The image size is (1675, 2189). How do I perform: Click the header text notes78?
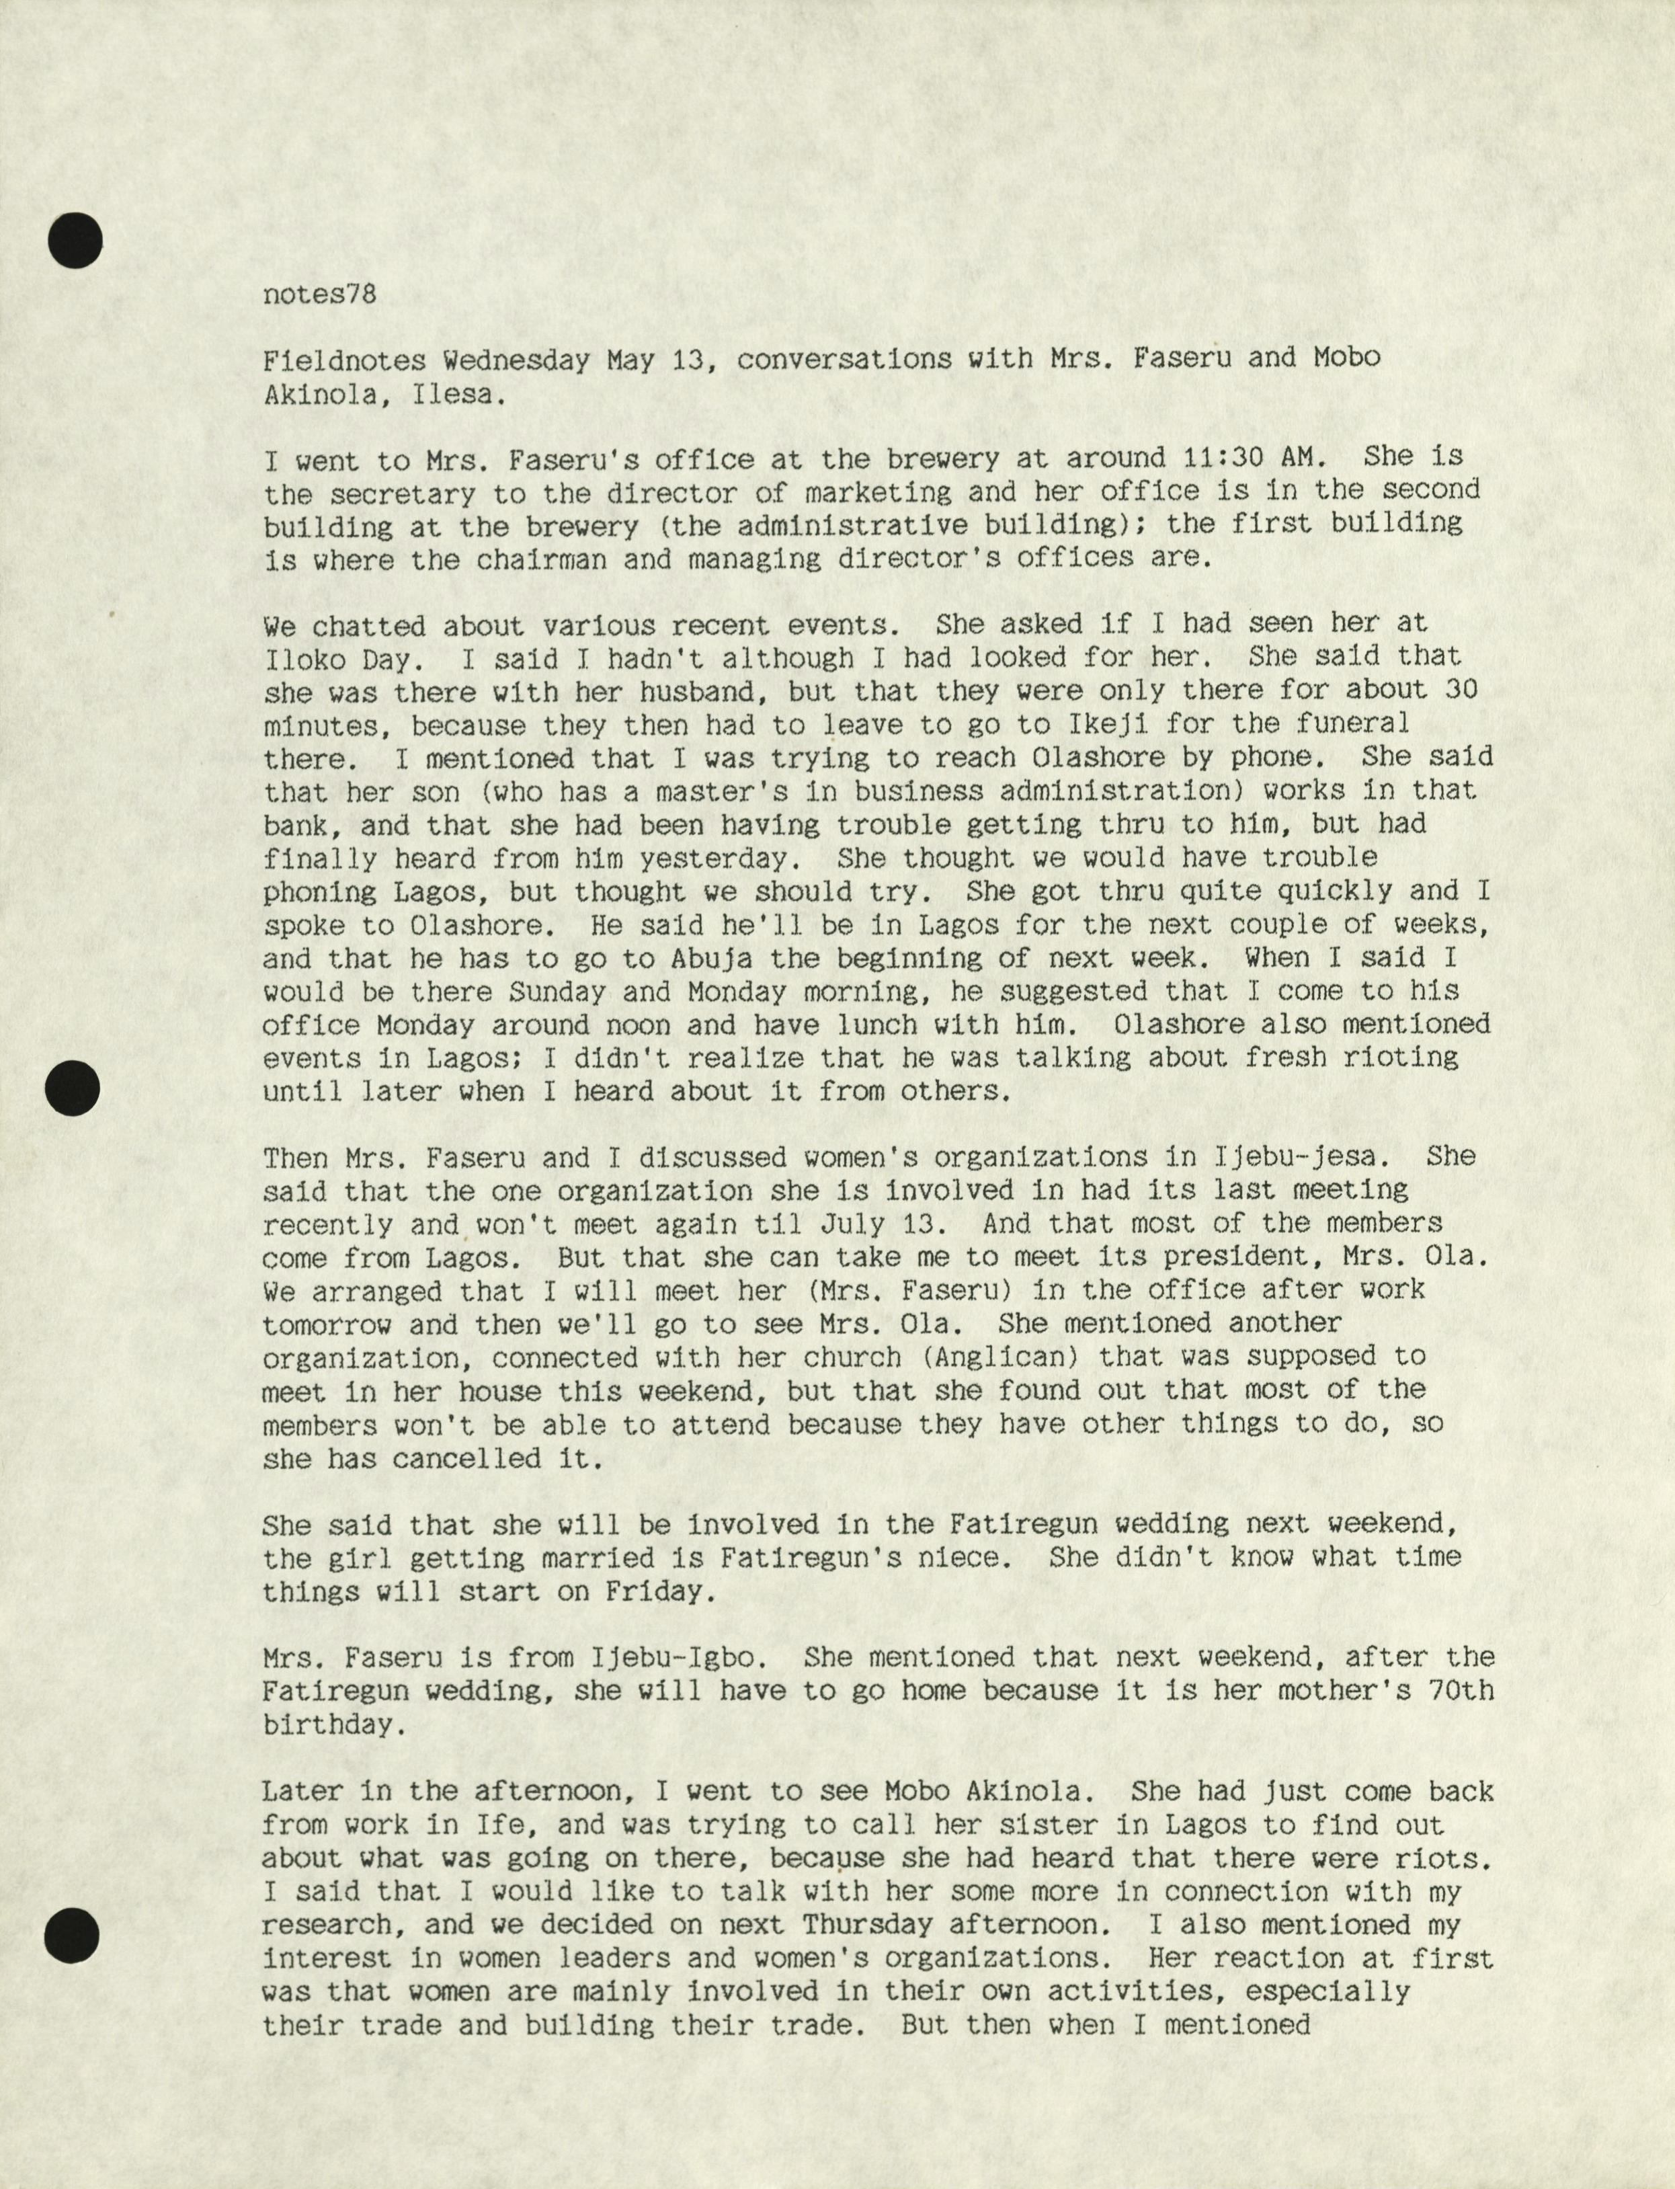[x=320, y=295]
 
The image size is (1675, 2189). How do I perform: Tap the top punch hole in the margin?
[x=75, y=242]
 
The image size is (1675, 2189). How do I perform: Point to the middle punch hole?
[x=75, y=1088]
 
